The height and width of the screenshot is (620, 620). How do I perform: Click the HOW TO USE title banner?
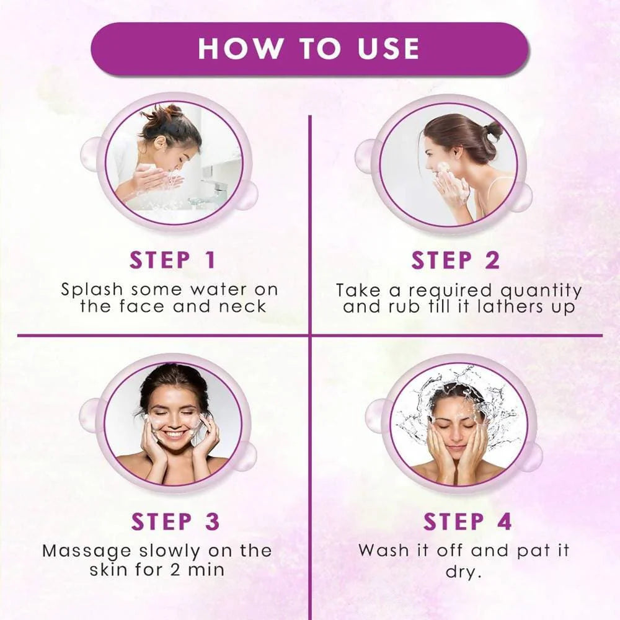pyautogui.click(x=309, y=49)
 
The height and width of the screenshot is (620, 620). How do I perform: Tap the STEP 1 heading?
pyautogui.click(x=172, y=260)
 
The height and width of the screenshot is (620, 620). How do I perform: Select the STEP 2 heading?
pyautogui.click(x=455, y=260)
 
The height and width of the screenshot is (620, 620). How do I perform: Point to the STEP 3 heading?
pyautogui.click(x=175, y=522)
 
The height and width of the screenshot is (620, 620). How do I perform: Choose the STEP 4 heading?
pyautogui.click(x=467, y=522)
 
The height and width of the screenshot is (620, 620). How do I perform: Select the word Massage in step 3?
pyautogui.click(x=77, y=551)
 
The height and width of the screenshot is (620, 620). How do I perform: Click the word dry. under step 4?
pyautogui.click(x=463, y=572)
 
